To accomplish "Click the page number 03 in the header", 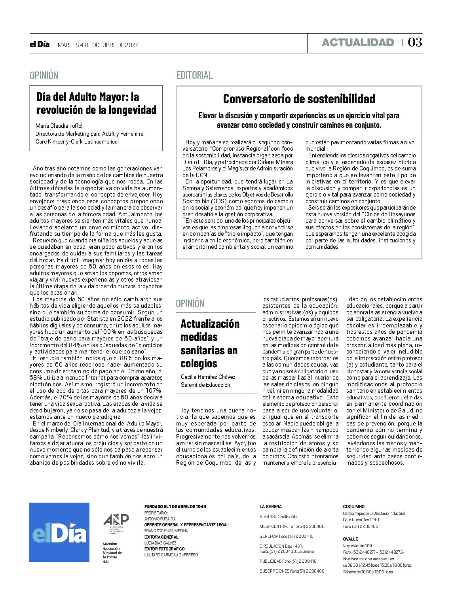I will [415, 42].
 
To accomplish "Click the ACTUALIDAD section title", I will [358, 43].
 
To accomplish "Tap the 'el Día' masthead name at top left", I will [40, 44].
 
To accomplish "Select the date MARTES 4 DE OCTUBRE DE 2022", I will [98, 45].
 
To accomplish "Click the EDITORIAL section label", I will [194, 75].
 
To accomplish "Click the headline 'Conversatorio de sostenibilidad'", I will [299, 98].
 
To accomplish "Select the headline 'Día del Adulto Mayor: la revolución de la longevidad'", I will [96, 103].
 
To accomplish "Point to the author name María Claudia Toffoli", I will [60, 126].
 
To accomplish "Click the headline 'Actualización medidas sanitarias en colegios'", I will [210, 343].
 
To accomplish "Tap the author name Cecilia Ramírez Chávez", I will [209, 377].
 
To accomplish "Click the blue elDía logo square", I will [59, 532].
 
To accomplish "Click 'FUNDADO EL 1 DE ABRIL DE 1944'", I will [175, 507].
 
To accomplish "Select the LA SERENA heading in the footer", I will [271, 507].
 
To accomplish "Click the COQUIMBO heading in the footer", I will [353, 507].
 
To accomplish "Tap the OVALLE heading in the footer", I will [350, 539].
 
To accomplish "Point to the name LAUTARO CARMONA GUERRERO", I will [171, 555].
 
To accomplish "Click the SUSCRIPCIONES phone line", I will [292, 571].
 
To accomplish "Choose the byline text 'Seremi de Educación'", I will [205, 385].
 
